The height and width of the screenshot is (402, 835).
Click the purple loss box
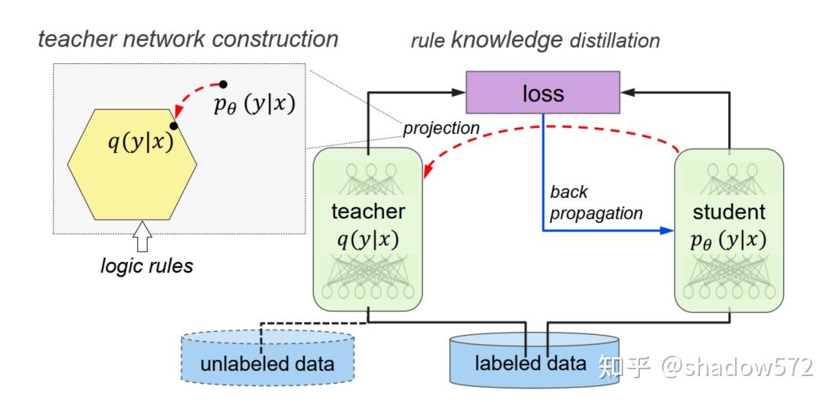pos(542,94)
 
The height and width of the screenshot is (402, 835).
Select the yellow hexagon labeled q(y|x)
pos(133,164)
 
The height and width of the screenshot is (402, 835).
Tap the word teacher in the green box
pos(368,211)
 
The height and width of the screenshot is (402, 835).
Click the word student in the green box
pos(729,211)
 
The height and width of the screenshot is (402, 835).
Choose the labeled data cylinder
pos(531,359)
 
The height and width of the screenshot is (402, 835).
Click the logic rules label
pos(146,266)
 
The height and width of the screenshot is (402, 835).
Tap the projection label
pos(441,128)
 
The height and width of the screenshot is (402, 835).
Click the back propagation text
pos(596,203)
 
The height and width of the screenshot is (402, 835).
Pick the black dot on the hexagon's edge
pos(174,125)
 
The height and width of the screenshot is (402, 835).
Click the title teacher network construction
pos(188,39)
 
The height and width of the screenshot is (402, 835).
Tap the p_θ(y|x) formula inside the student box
pos(729,240)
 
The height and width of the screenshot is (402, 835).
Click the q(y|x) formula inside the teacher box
pos(368,240)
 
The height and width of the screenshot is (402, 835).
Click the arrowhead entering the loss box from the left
pos(459,93)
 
